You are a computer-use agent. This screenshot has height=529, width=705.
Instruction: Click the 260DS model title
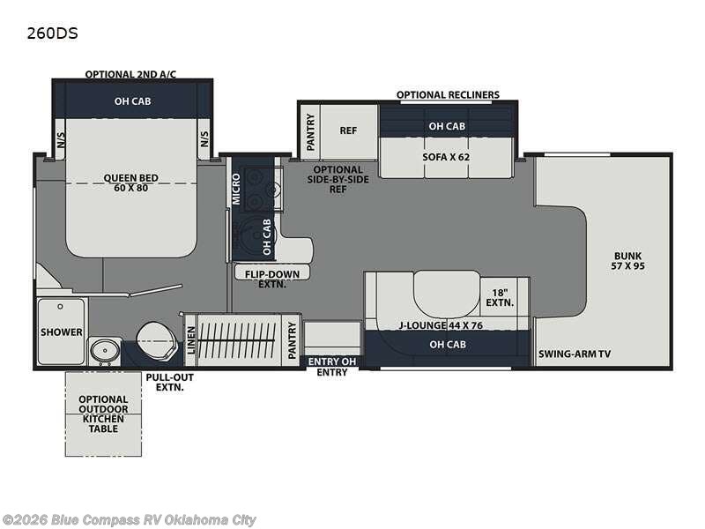point(52,34)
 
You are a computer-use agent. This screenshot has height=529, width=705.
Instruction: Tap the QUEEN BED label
point(130,178)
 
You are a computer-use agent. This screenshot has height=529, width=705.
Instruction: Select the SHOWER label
point(62,332)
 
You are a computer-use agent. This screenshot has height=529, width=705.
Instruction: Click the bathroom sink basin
point(105,349)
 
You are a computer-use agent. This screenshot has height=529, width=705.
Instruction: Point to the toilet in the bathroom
point(155,340)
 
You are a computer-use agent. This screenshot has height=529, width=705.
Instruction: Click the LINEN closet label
point(191,340)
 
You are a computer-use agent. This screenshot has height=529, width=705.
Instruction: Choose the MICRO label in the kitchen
point(236,189)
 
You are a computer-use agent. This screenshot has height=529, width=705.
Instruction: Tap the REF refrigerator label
point(348,130)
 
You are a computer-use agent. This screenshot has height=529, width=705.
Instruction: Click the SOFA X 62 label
point(446,157)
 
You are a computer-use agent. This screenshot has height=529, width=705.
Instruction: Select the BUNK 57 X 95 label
point(627,261)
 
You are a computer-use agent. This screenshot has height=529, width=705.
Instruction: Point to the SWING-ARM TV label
point(575,354)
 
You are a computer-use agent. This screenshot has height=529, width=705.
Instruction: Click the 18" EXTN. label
point(500,298)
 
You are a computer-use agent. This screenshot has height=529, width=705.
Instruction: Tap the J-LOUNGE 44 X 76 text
point(441,325)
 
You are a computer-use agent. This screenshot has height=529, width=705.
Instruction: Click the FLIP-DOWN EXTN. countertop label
point(272,279)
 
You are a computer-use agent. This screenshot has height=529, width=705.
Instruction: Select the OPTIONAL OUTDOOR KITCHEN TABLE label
point(103,414)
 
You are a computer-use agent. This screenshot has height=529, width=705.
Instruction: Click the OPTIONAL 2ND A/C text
point(130,74)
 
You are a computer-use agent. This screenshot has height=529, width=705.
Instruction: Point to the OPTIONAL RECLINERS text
point(448,95)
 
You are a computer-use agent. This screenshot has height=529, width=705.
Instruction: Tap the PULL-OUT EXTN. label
point(169,382)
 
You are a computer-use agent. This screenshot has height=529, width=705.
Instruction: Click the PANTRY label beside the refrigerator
point(311,131)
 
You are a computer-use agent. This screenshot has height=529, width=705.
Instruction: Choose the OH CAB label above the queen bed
point(133,101)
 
